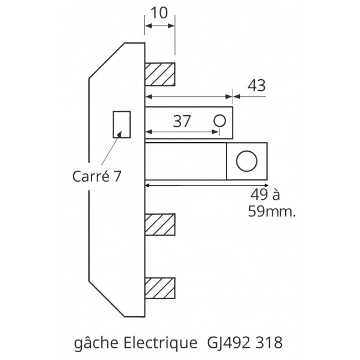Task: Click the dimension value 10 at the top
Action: pyautogui.click(x=160, y=12)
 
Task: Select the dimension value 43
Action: pyautogui.click(x=256, y=85)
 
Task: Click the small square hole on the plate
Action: pyautogui.click(x=121, y=124)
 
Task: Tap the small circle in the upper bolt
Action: pyautogui.click(x=220, y=120)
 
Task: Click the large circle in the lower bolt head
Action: pyautogui.click(x=246, y=161)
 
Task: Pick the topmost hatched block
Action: pyautogui.click(x=160, y=74)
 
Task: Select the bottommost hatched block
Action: pyautogui.click(x=160, y=289)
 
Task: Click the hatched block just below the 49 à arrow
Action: pyautogui.click(x=160, y=225)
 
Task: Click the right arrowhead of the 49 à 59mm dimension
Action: pyautogui.click(x=266, y=184)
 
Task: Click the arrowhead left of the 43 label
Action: pyautogui.click(x=235, y=96)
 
